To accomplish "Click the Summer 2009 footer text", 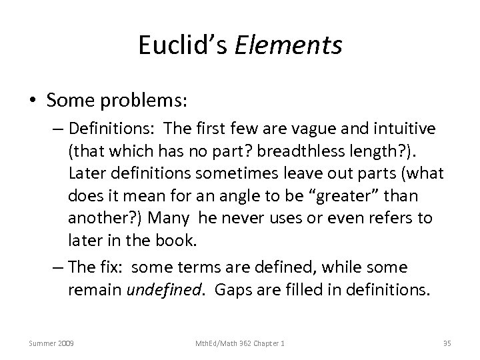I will click(51, 343).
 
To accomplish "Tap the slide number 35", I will click(447, 343).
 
